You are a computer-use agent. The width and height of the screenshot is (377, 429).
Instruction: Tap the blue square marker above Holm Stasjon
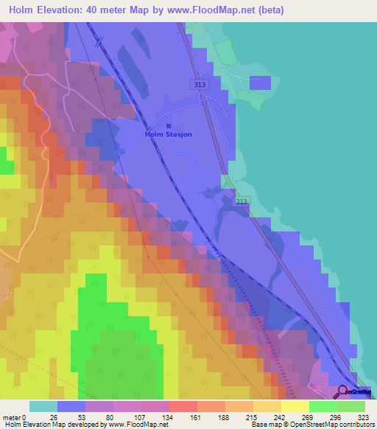(x=168, y=126)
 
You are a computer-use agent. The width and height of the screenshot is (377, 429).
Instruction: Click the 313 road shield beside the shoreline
(x=242, y=201)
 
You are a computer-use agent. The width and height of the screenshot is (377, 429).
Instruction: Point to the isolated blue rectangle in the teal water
(x=260, y=83)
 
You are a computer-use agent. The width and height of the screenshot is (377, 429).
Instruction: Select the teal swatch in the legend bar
(x=43, y=406)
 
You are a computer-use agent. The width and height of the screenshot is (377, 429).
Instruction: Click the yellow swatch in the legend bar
(x=295, y=406)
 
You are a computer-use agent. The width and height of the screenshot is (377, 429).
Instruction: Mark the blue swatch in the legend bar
(x=71, y=406)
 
